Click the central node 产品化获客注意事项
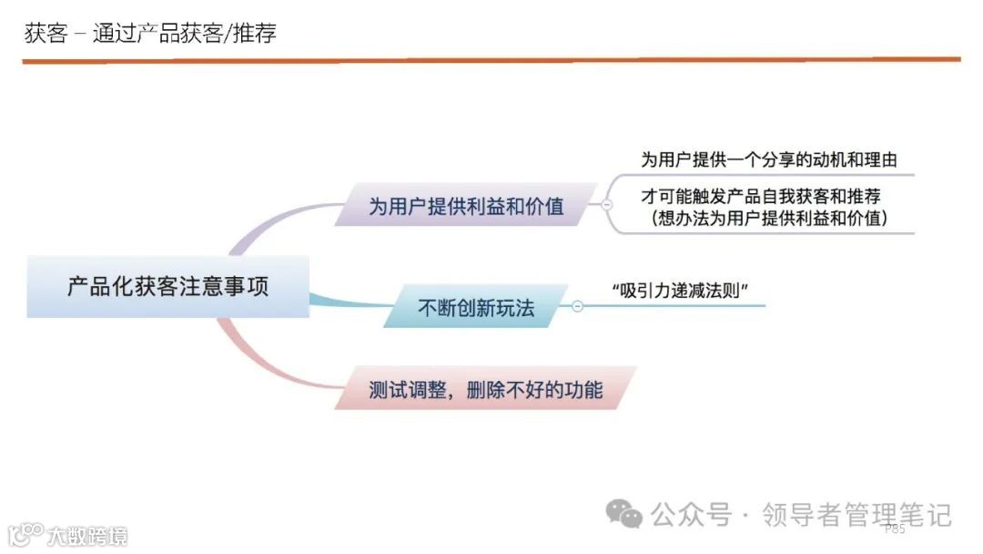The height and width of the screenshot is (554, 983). pyautogui.click(x=167, y=286)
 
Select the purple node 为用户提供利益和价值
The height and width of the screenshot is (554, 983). pyautogui.click(x=465, y=206)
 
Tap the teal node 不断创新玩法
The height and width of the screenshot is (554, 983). pyautogui.click(x=475, y=308)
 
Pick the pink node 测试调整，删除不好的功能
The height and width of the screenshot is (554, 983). pyautogui.click(x=485, y=389)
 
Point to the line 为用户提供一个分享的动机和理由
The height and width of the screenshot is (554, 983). pyautogui.click(x=768, y=159)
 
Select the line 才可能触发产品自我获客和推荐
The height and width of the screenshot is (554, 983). pyautogui.click(x=761, y=196)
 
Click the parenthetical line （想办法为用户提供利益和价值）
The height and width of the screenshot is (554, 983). pyautogui.click(x=770, y=219)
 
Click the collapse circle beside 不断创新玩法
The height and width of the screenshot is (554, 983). pyautogui.click(x=577, y=307)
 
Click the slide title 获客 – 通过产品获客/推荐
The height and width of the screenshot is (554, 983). pyautogui.click(x=150, y=34)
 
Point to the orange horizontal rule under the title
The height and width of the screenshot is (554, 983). pyautogui.click(x=491, y=60)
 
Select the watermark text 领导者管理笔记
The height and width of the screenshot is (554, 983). pyautogui.click(x=856, y=515)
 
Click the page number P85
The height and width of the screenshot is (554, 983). pyautogui.click(x=894, y=528)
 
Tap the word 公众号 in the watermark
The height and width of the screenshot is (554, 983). pyautogui.click(x=691, y=515)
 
